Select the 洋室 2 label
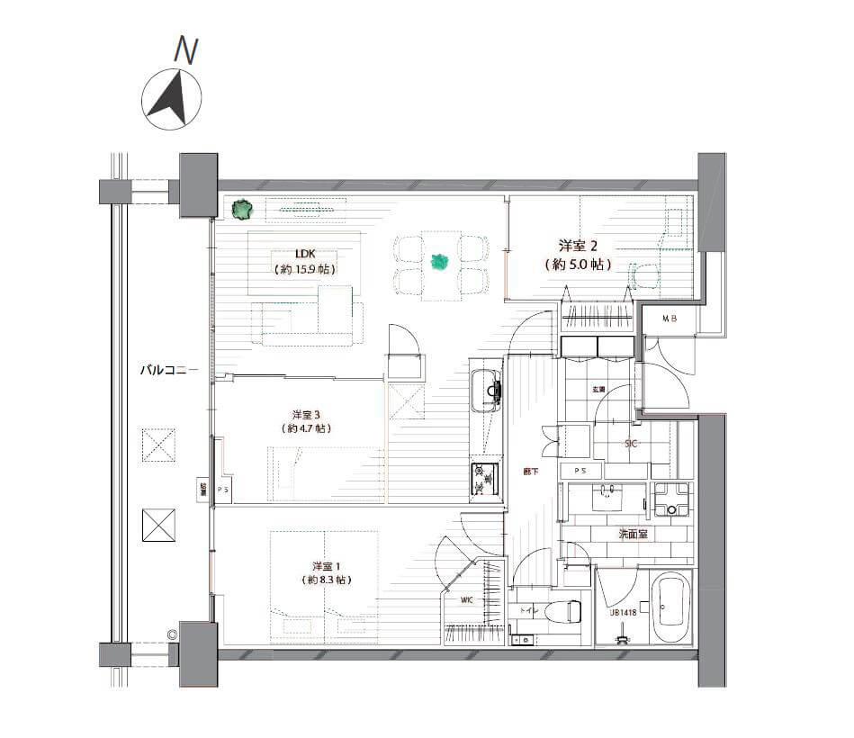(x=578, y=245)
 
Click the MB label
(x=670, y=319)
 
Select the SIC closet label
(x=632, y=444)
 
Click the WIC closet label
(x=466, y=599)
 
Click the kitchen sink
(x=490, y=390)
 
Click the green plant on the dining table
(x=439, y=262)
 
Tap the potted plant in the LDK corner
(x=241, y=210)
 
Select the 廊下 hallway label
(x=533, y=471)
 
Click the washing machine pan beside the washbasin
(x=670, y=499)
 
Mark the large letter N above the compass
(x=185, y=50)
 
